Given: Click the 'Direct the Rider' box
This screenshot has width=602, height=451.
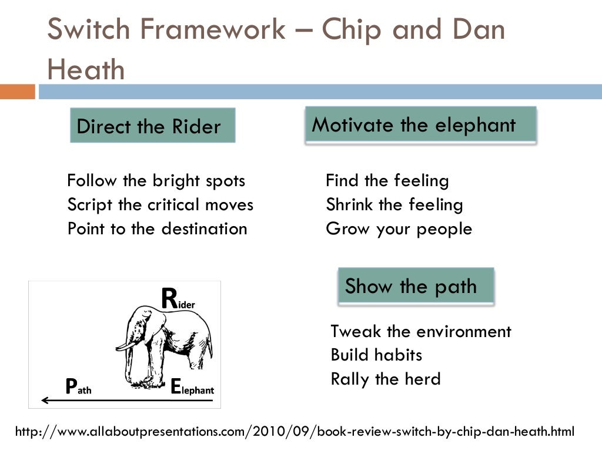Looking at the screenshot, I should click(152, 126).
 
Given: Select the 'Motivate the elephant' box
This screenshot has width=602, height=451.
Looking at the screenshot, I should click(420, 124).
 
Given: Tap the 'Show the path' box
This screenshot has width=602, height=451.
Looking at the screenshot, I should click(416, 287).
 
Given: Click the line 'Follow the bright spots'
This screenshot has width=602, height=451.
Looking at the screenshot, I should click(156, 180).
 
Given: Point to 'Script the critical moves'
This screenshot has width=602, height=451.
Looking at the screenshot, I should click(160, 204).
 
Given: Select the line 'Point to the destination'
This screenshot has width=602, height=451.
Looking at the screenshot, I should click(157, 228).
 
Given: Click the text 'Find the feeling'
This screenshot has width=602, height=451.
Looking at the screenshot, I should click(387, 180).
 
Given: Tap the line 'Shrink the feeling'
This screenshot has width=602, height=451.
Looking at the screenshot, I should click(394, 204).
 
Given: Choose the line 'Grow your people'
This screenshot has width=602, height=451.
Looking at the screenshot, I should click(399, 228).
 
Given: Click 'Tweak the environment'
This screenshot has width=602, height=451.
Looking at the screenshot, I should click(420, 331).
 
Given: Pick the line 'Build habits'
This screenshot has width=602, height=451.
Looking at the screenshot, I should click(376, 355).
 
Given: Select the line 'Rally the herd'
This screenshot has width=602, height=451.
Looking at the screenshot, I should click(385, 379).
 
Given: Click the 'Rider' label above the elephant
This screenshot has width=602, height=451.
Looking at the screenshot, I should click(178, 299).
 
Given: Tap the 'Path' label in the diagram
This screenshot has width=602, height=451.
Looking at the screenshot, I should click(78, 386).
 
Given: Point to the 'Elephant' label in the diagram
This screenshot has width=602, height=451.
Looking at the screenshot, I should click(192, 388).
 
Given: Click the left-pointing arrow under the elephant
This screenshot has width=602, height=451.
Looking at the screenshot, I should click(94, 400).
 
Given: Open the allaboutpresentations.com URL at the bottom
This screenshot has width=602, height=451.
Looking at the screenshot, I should click(294, 432).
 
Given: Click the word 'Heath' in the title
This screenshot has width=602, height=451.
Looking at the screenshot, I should click(86, 70).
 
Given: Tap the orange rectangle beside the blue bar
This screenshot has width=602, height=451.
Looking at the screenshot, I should click(18, 92).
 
